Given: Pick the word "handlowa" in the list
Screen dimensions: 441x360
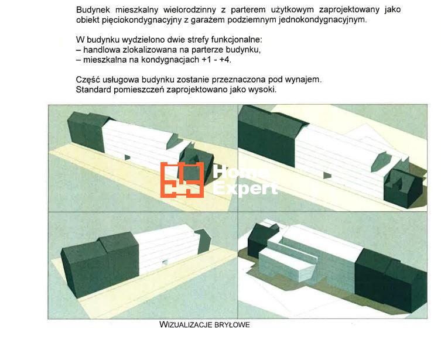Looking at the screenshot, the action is pyautogui.click(x=102, y=50).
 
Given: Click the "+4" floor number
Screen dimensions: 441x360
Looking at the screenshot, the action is pyautogui.click(x=225, y=60).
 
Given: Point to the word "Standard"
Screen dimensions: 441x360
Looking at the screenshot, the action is pyautogui.click(x=94, y=90).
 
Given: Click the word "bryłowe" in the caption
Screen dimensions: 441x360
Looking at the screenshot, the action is pyautogui.click(x=232, y=325).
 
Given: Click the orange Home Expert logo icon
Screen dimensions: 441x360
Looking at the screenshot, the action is pyautogui.click(x=182, y=180).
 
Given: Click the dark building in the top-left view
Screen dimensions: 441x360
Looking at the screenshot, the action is pyautogui.click(x=87, y=131).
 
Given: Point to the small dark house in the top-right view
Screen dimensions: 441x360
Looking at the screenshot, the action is pyautogui.click(x=404, y=188).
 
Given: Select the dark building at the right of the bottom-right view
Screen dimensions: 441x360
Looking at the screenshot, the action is pyautogui.click(x=391, y=280).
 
